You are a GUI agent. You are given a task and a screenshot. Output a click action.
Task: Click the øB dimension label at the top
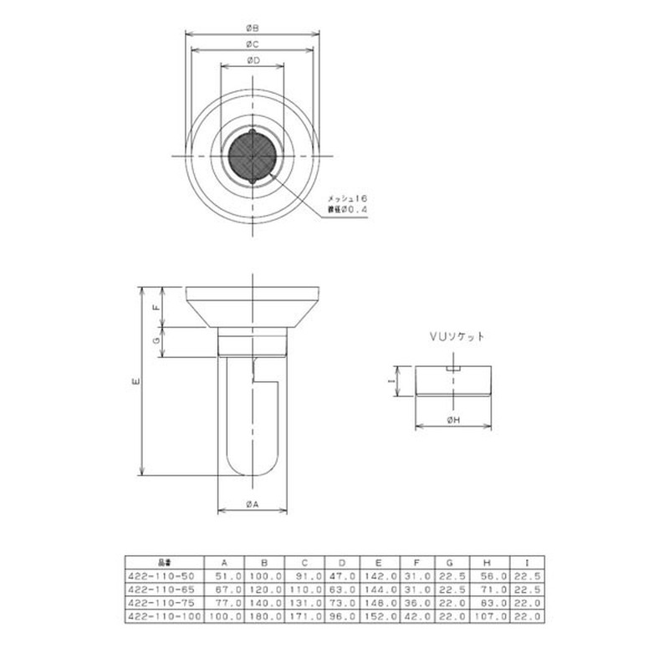pyautogui.click(x=253, y=28)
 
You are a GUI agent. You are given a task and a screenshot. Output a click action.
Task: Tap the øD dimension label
pyautogui.click(x=253, y=60)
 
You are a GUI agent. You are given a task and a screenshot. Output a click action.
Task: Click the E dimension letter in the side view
pyautogui.click(x=136, y=380)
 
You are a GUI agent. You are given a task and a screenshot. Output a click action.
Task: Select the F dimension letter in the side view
pyautogui.click(x=156, y=307)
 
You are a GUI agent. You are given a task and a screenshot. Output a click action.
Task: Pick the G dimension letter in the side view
pyautogui.click(x=156, y=341)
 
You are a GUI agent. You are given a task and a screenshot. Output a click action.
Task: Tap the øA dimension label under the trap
pyautogui.click(x=253, y=503)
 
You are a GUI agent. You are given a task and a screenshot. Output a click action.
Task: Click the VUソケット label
pyautogui.click(x=456, y=337)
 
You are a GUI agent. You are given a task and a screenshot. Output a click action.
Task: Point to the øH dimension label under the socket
pyautogui.click(x=453, y=420)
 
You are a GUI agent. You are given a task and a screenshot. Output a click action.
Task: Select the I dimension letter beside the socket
pyautogui.click(x=391, y=380)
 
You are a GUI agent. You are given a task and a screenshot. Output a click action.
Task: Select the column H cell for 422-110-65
pyautogui.click(x=488, y=589)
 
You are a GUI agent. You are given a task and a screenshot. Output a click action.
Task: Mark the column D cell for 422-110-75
pyautogui.click(x=341, y=602)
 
